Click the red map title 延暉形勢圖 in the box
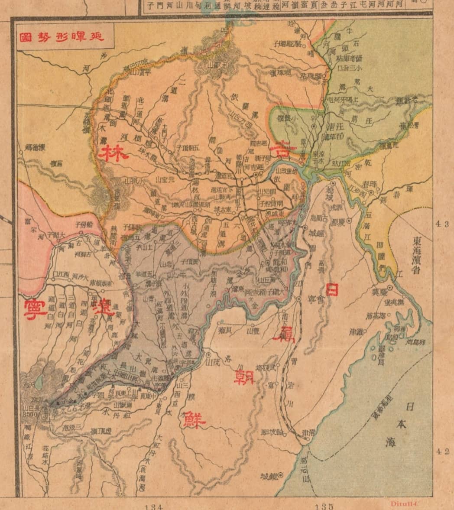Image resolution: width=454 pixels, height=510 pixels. tap(62, 37)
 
